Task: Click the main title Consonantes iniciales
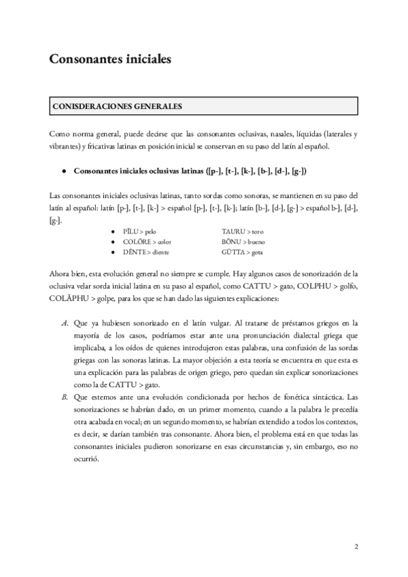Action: (x=109, y=59)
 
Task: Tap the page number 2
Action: (x=356, y=546)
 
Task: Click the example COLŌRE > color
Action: (x=146, y=242)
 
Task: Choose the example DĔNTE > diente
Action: (x=146, y=252)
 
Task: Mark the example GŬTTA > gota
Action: (x=242, y=252)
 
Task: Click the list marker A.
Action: (x=64, y=323)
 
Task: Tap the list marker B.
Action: (x=64, y=396)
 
